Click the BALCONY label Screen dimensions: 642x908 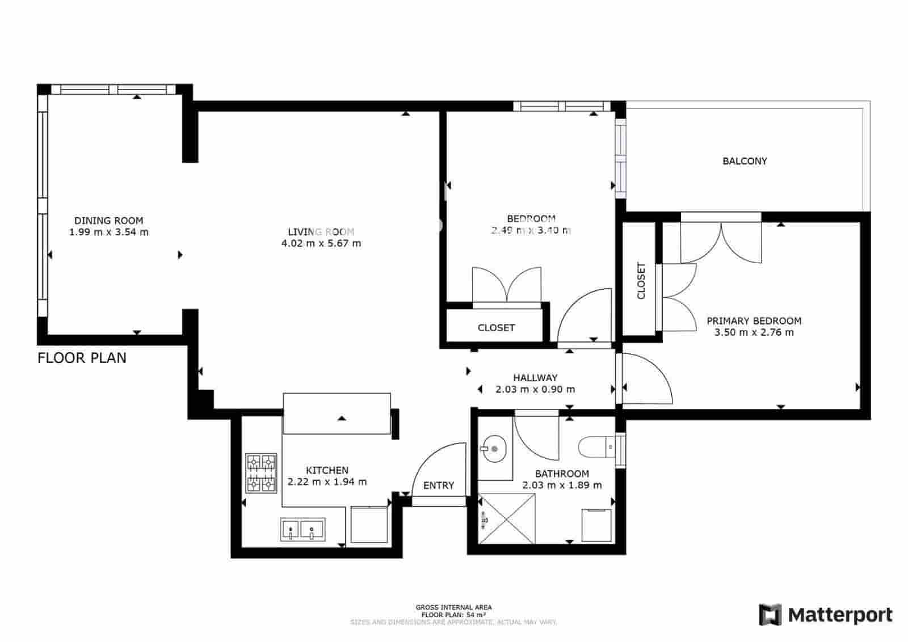[x=745, y=161]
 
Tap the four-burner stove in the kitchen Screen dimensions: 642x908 [x=261, y=473]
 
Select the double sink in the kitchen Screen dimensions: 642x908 [x=302, y=529]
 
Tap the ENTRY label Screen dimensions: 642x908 [x=439, y=485]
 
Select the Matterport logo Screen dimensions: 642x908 [x=826, y=615]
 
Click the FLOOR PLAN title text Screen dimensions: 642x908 [x=82, y=358]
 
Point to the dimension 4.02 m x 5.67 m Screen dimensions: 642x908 [x=321, y=243]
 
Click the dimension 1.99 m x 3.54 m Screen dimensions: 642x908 [x=109, y=232]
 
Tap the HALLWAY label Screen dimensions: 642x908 [x=535, y=378]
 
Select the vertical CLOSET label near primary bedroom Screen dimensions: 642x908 [x=641, y=280]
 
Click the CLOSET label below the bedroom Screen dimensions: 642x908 [x=496, y=328]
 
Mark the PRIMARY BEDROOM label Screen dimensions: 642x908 [x=754, y=321]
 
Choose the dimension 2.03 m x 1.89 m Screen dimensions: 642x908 [x=562, y=485]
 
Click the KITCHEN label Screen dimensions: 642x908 [x=327, y=470]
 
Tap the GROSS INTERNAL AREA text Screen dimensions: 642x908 [x=453, y=607]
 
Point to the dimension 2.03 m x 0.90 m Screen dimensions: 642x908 [x=535, y=390]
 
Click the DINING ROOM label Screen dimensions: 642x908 [x=109, y=221]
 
